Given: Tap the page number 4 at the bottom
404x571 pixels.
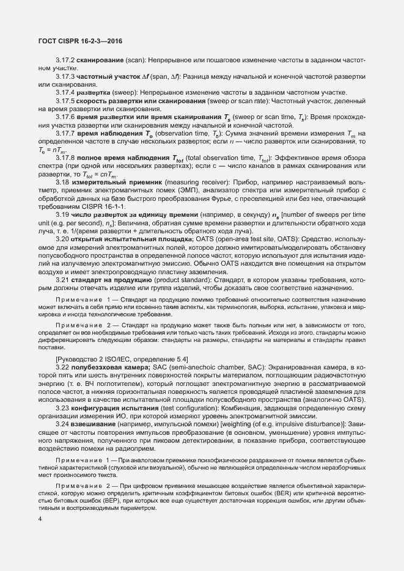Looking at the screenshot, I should pyautogui.click(x=40, y=536).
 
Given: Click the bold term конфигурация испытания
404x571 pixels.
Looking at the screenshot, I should pyautogui.click(x=117, y=406).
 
